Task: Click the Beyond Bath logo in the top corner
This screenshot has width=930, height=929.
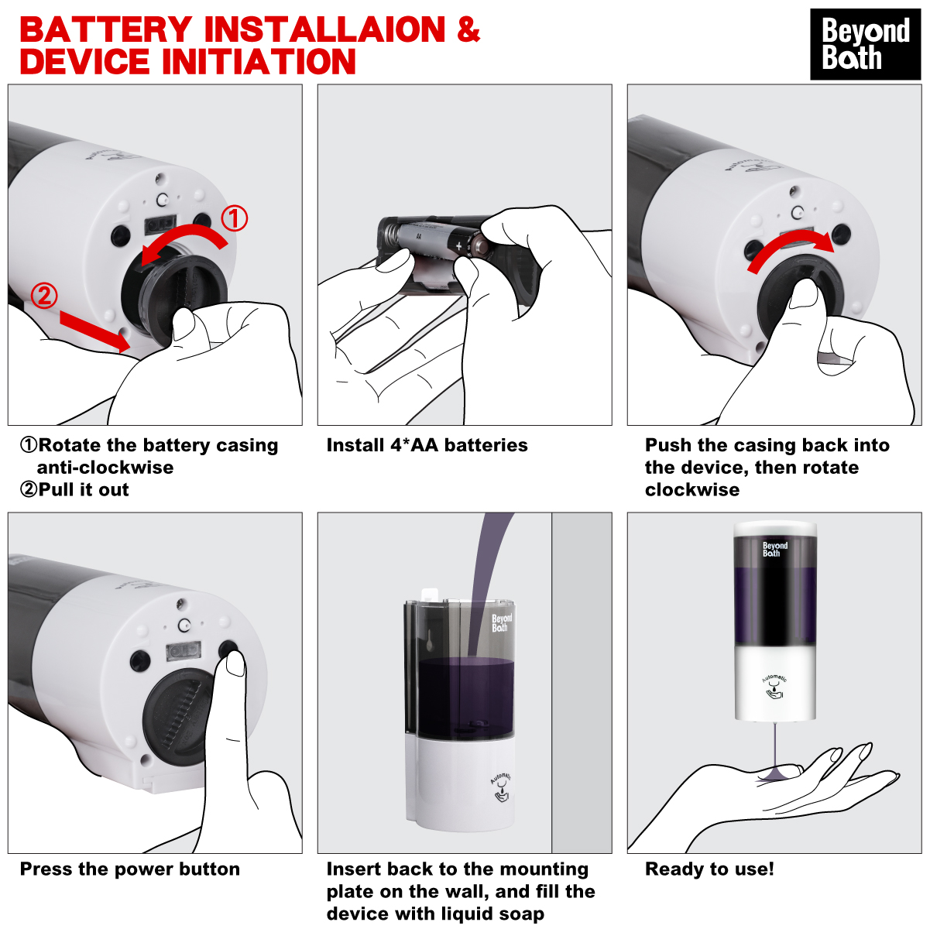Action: click(865, 44)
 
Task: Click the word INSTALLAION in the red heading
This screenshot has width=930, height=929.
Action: click(324, 29)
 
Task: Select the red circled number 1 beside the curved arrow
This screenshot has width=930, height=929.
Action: click(235, 218)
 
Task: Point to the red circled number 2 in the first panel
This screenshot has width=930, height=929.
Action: click(44, 296)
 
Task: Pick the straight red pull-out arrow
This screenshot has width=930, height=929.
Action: click(95, 331)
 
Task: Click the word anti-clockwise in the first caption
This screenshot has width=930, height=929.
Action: click(105, 467)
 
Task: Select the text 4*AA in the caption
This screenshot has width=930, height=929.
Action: click(414, 445)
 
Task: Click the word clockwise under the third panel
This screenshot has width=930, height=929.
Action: click(692, 489)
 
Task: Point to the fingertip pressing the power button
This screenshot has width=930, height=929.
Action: click(235, 663)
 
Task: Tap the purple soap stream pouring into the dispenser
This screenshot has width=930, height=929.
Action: click(487, 584)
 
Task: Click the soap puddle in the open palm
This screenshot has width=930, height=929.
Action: click(774, 776)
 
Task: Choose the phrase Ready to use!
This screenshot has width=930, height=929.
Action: click(709, 869)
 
